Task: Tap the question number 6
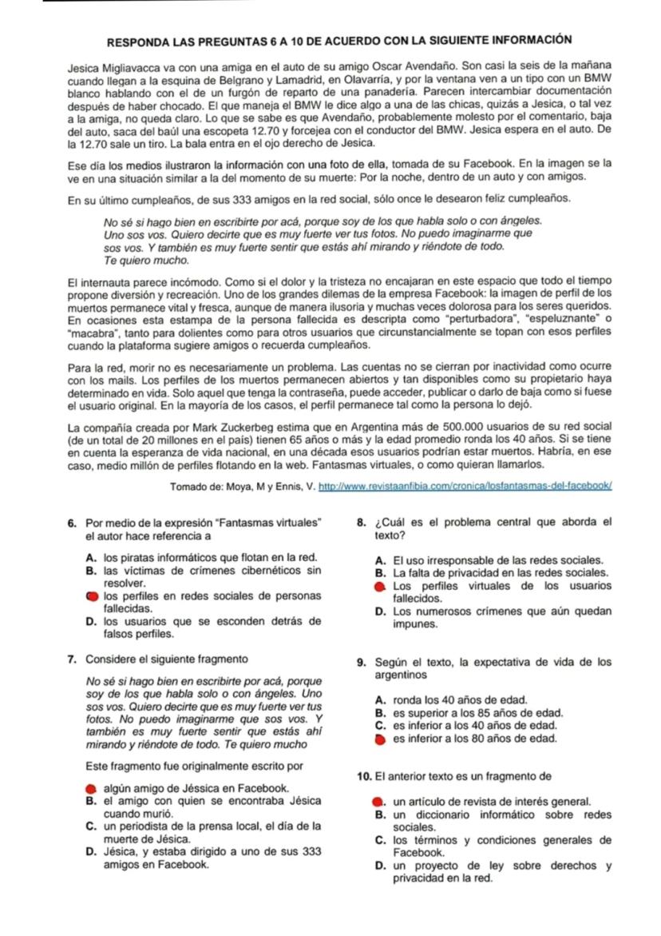(x=73, y=524)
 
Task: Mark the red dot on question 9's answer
(x=379, y=739)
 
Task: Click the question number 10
(x=365, y=776)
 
